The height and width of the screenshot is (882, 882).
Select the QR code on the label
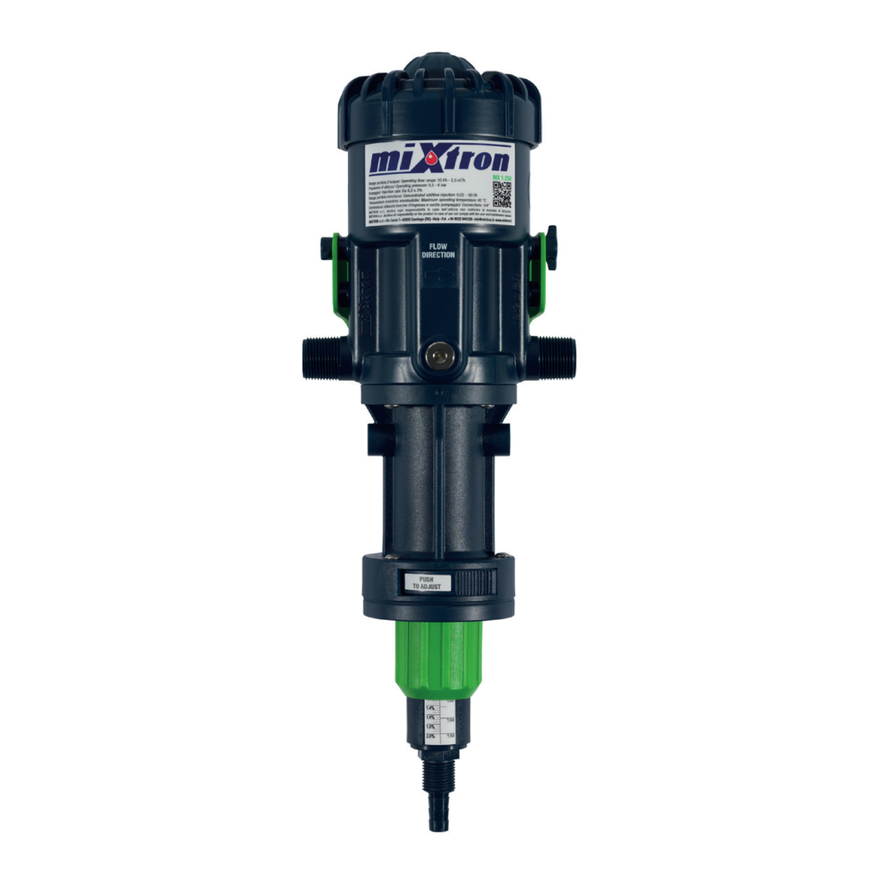(502, 196)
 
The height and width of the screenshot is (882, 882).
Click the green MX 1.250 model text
(502, 177)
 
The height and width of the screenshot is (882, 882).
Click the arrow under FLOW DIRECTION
(440, 275)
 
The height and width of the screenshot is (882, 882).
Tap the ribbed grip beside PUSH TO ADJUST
(475, 583)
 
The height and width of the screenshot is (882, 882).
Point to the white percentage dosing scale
(437, 723)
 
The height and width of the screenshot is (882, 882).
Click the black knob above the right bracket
(552, 238)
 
